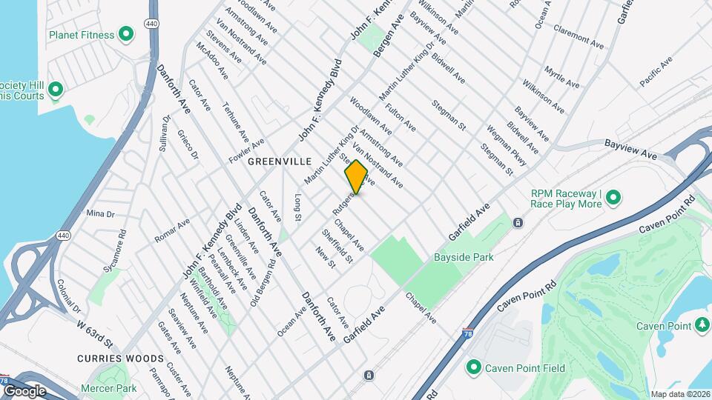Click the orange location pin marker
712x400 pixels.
pos(356,176)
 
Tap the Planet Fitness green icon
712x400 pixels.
pos(126,34)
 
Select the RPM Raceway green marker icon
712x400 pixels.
pos(613,197)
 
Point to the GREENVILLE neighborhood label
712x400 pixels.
pos(277,161)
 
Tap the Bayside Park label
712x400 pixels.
pos(464,257)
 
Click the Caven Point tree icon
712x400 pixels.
pos(702,325)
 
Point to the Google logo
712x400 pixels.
pos(24,390)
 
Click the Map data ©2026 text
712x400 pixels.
pos(680,394)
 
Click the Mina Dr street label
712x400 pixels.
pos(100,213)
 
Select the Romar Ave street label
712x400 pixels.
pos(172,230)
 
